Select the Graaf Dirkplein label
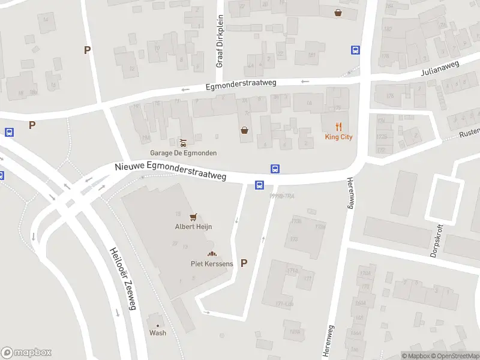pos(220,40)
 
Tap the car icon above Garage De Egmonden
pos(183,143)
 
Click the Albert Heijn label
pos(193,227)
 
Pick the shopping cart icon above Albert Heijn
pos(193,217)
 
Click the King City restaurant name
pos(338,137)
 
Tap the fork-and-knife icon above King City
pos(339,126)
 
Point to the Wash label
pos(158,333)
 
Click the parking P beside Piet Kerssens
pos(244,263)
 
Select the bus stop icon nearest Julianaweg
pos(355,50)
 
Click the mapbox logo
pos(26,353)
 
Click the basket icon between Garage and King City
pos(245,130)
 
